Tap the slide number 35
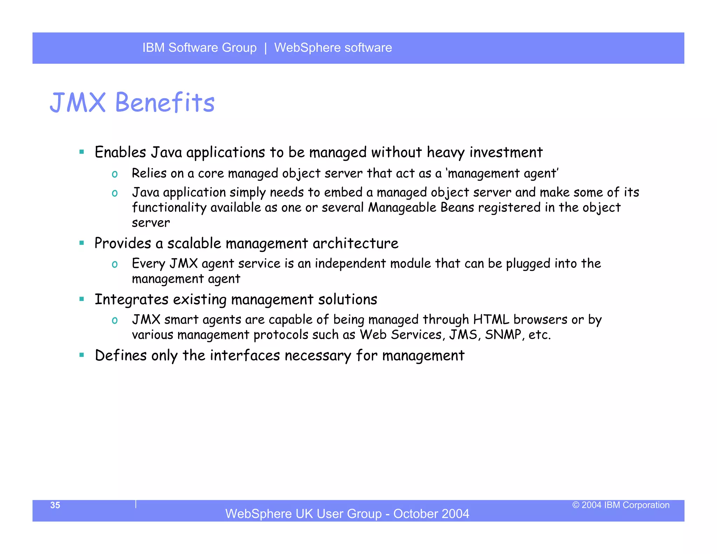click(x=55, y=505)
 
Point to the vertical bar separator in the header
click(x=266, y=48)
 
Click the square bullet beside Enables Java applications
click(x=82, y=152)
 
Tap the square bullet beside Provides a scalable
click(x=82, y=243)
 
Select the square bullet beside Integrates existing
click(x=82, y=299)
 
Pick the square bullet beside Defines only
click(x=82, y=355)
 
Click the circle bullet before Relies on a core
click(x=114, y=174)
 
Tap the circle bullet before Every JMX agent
click(x=114, y=264)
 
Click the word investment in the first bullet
click(x=506, y=152)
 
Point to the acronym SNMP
click(x=503, y=335)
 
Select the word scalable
click(x=194, y=243)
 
